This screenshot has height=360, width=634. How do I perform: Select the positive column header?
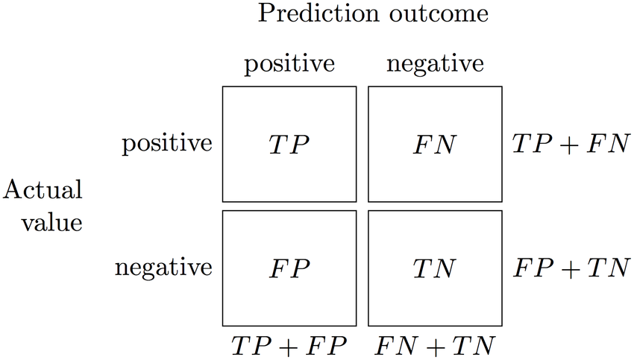(x=289, y=64)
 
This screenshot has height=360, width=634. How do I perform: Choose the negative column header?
(x=435, y=64)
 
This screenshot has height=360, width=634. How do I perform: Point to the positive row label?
(x=167, y=144)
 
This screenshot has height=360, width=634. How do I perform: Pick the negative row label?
(x=163, y=268)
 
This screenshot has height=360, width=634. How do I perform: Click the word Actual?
(x=43, y=191)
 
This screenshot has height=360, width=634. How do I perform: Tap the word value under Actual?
(x=51, y=221)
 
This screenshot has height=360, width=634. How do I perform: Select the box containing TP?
(x=289, y=144)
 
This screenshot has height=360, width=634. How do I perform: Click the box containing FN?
(x=435, y=144)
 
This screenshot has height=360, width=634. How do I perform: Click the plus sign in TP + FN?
(x=571, y=145)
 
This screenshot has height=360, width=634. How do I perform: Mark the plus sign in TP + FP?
(x=289, y=345)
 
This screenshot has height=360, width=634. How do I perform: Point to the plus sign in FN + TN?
(x=435, y=345)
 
